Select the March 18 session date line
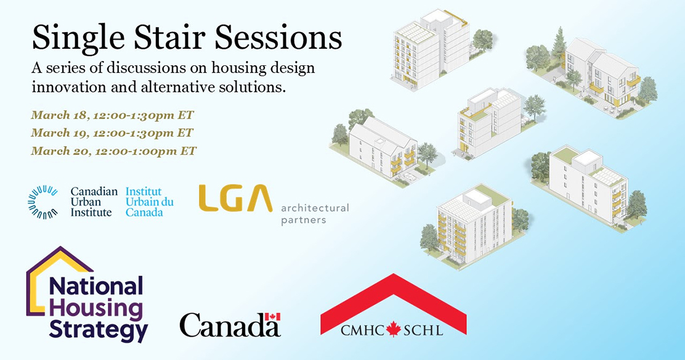click(x=112, y=115)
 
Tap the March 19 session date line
click(x=112, y=133)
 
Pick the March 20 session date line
click(x=113, y=151)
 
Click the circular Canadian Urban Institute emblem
click(x=43, y=202)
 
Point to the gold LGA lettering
click(x=235, y=198)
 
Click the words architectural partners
click(x=315, y=213)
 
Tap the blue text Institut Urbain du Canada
click(x=150, y=202)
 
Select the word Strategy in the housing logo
click(x=99, y=330)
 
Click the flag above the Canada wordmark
click(x=272, y=317)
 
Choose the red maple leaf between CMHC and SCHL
click(x=393, y=329)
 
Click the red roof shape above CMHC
click(x=393, y=298)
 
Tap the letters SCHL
click(x=423, y=330)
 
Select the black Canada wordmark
click(x=229, y=325)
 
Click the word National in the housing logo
click(x=96, y=286)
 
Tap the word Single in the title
click(x=79, y=38)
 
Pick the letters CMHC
click(x=362, y=330)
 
